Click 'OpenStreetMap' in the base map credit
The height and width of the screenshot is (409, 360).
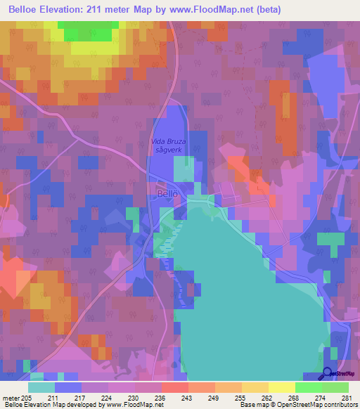(333, 405)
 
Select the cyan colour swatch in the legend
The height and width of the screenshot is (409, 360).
(41, 387)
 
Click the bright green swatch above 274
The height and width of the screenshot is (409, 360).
(308, 387)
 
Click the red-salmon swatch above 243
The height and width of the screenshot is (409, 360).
(174, 387)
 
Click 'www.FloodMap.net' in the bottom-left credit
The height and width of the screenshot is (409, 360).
(131, 405)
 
